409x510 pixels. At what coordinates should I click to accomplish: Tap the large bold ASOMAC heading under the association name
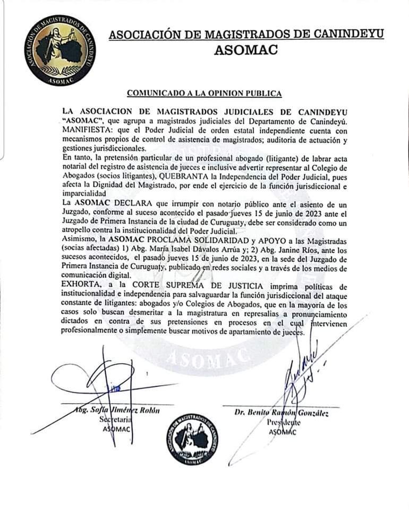(246, 51)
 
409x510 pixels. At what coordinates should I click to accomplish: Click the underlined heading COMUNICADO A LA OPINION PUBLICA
(204, 94)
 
